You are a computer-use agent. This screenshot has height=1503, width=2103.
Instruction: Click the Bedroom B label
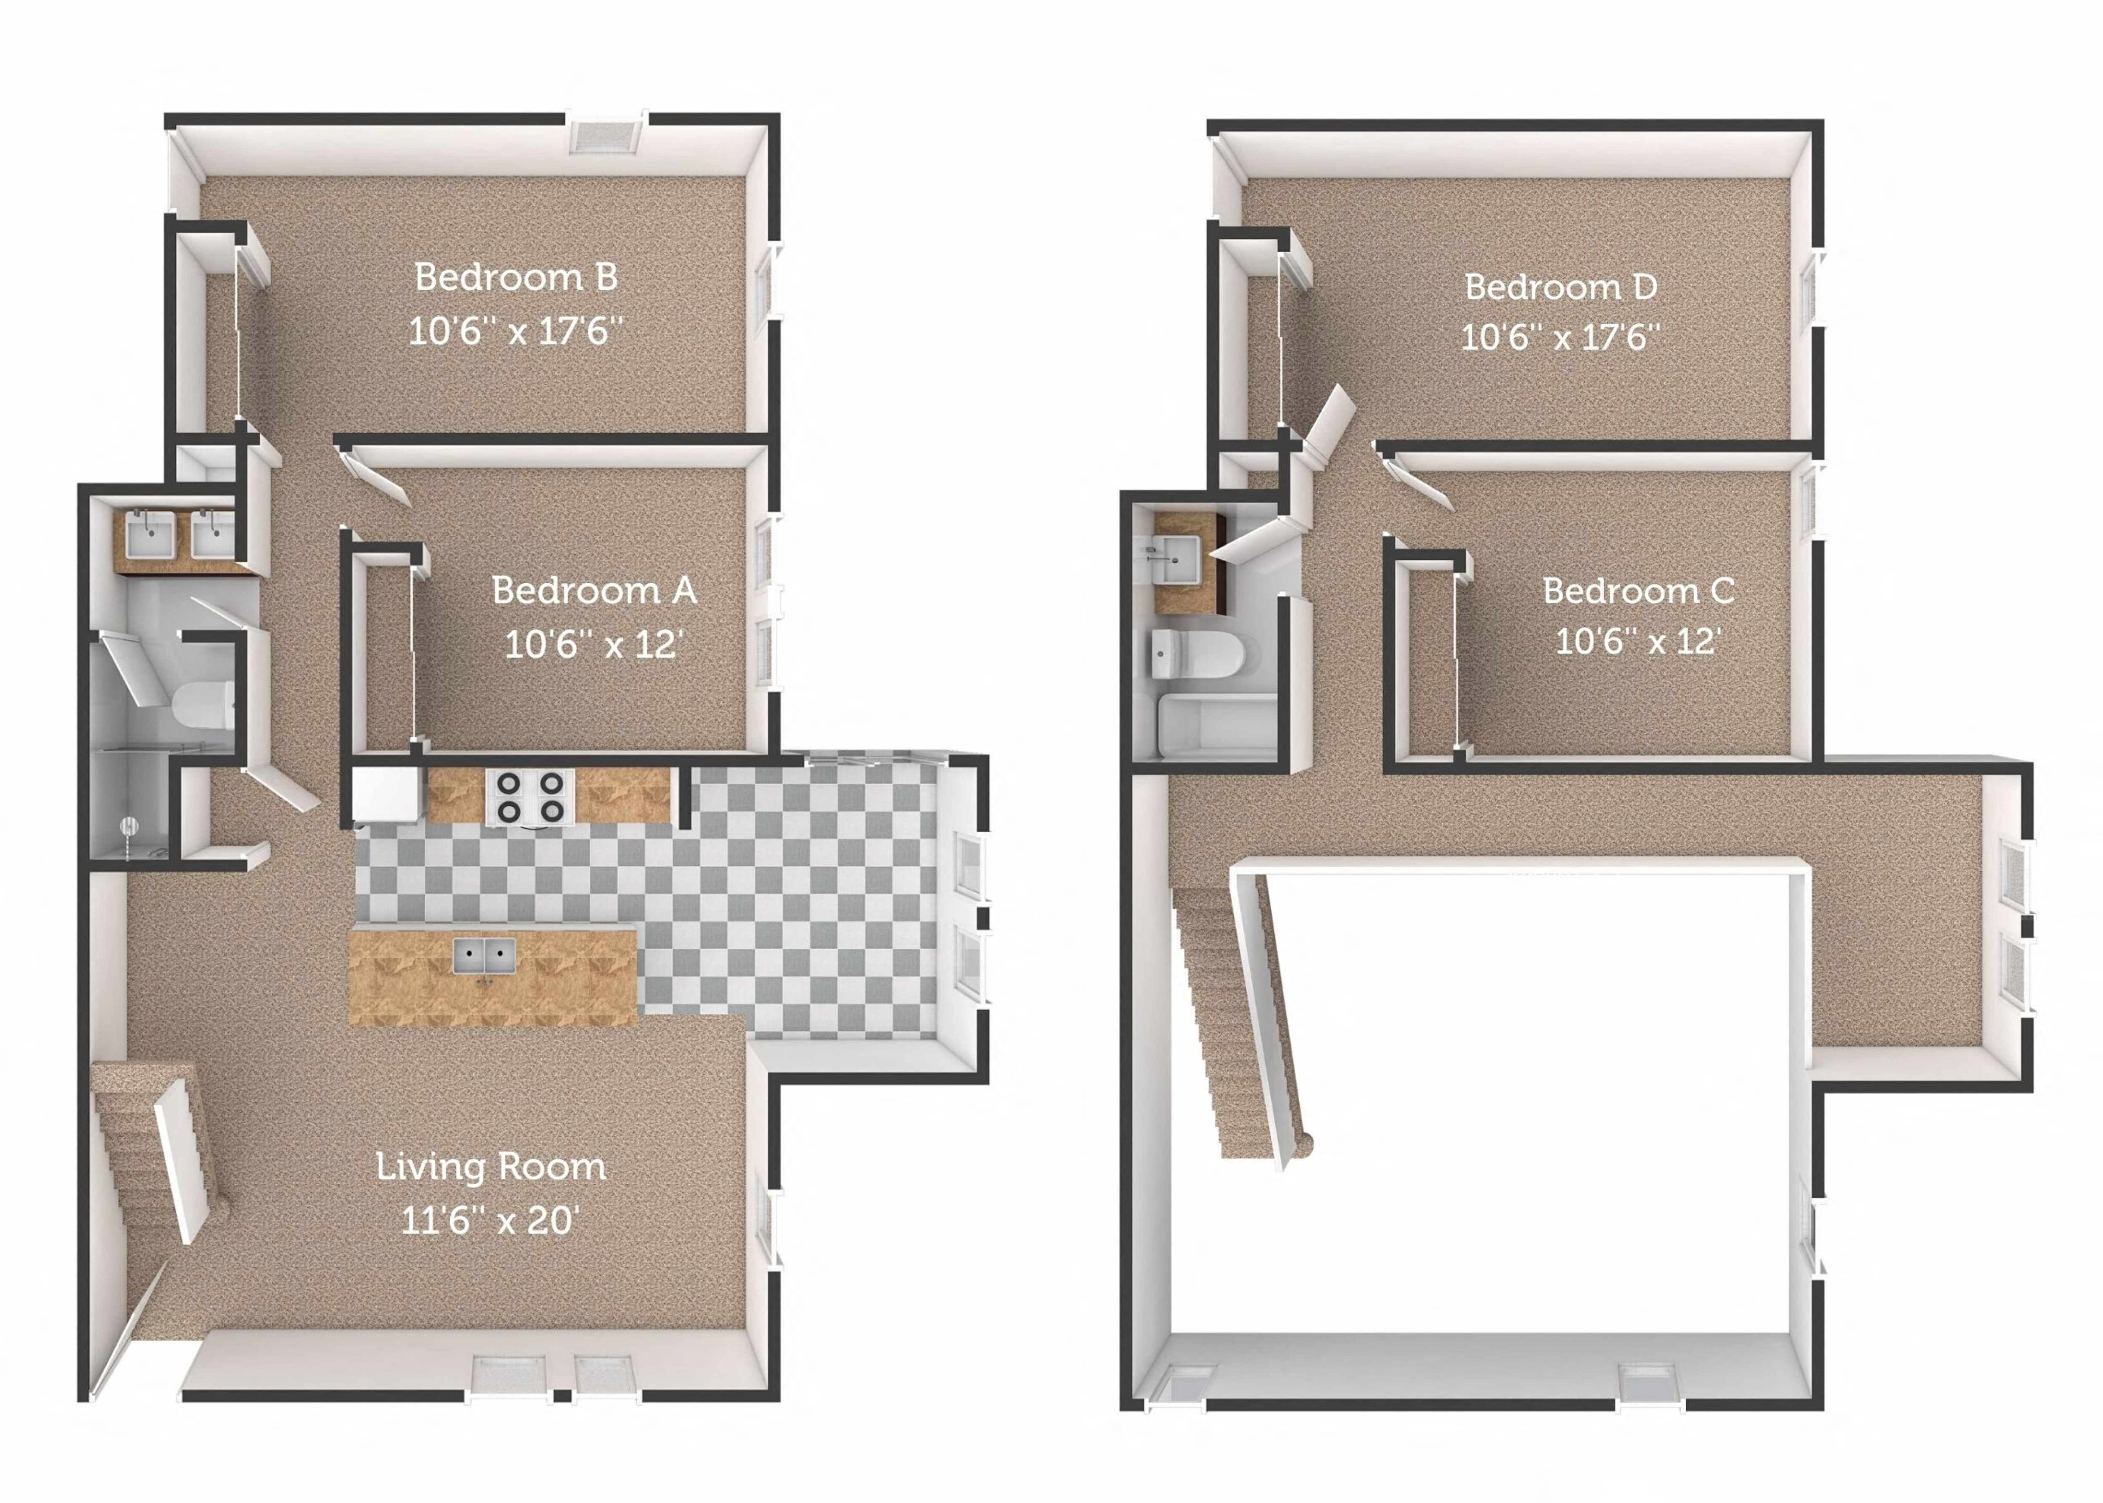click(x=516, y=277)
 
